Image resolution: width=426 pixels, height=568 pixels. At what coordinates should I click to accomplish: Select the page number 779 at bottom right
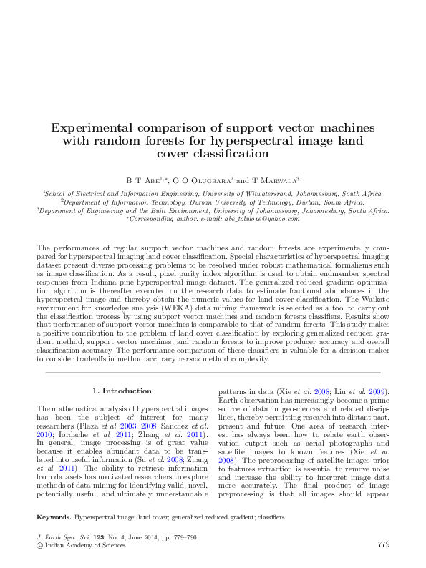point(382,544)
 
